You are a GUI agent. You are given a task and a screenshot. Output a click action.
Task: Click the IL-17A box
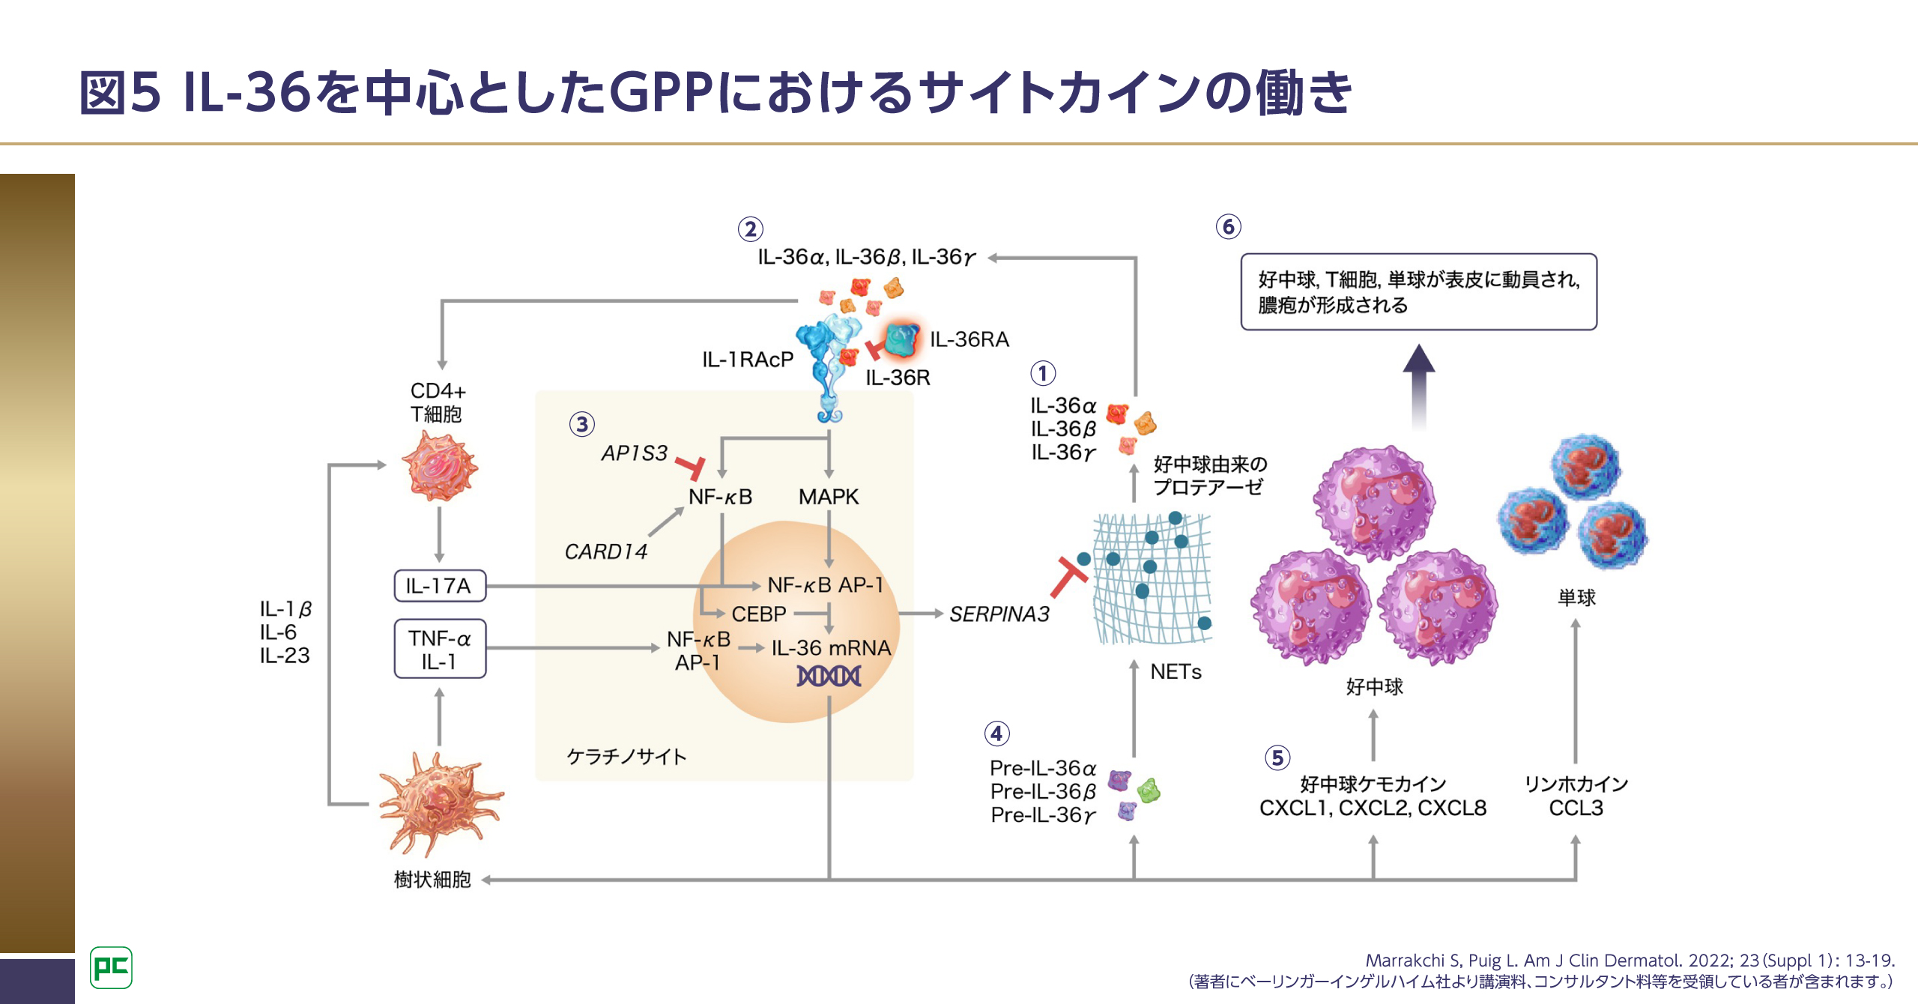coord(440,586)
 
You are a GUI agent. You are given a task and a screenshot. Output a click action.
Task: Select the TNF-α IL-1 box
coord(440,649)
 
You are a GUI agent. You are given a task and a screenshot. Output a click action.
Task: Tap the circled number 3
coord(582,425)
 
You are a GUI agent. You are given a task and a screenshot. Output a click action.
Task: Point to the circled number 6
coord(1228,226)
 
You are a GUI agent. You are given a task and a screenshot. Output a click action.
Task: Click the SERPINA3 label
coord(999,614)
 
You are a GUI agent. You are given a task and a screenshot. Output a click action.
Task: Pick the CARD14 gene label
coord(605,552)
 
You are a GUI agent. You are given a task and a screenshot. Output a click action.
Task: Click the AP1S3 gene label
coord(634,453)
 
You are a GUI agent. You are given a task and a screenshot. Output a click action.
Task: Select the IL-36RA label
coord(969,339)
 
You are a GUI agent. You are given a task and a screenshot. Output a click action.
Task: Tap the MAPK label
coord(828,497)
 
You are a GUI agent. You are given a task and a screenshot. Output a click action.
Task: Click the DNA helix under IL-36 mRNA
coord(829,676)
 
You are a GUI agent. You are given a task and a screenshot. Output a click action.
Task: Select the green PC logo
coord(111,967)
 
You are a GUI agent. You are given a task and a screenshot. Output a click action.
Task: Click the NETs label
coord(1176,672)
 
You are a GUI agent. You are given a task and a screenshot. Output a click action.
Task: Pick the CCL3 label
coord(1576,808)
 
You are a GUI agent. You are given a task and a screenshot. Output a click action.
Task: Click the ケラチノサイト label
coord(626,757)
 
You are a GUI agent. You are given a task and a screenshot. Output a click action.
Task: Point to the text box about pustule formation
coord(1418,292)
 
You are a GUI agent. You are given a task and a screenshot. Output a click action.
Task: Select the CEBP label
coord(758,614)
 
